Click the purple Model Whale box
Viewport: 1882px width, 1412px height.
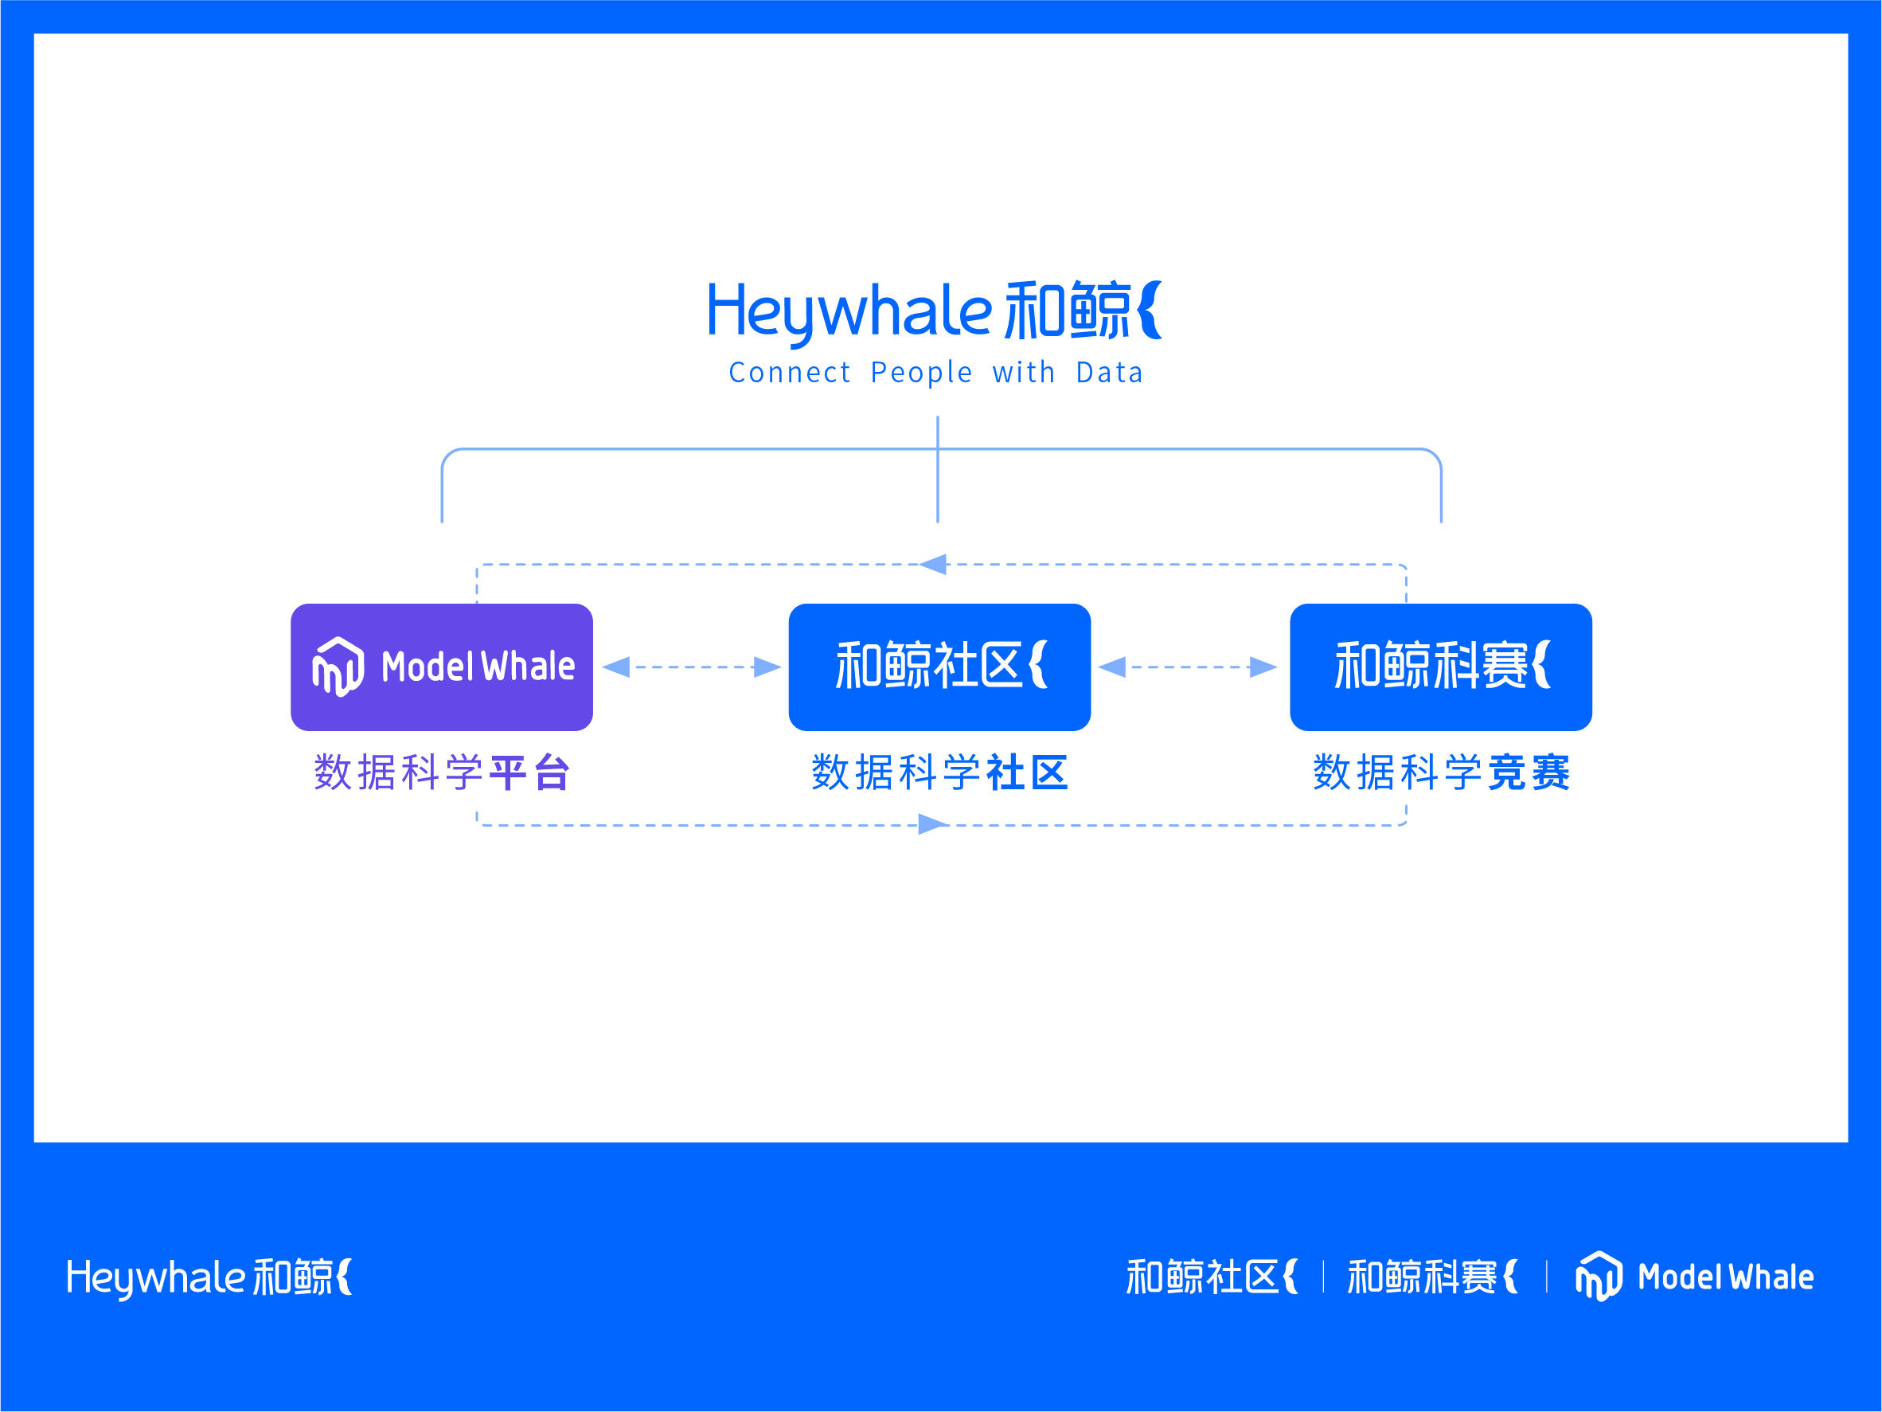442,667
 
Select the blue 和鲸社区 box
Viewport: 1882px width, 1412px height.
939,667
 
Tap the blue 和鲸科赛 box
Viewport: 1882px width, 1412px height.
1440,667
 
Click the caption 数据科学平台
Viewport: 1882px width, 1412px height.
442,772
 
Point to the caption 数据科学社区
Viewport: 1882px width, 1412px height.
939,772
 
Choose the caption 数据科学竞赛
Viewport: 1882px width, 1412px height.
1440,772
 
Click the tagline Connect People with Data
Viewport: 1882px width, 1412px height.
936,373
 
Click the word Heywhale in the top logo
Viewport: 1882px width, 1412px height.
849,313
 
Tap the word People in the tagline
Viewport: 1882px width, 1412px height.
920,373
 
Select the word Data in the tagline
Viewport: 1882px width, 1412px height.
1110,373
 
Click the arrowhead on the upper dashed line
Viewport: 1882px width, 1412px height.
933,565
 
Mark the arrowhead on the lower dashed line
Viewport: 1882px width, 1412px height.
933,824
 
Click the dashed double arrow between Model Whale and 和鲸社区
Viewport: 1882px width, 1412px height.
692,667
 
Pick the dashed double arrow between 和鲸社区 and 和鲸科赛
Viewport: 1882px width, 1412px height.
1188,667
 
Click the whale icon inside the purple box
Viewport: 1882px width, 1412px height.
338,667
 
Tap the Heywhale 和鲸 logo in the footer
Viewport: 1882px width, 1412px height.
209,1277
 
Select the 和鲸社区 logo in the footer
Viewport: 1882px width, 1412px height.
1212,1277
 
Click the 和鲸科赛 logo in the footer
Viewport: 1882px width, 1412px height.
1432,1277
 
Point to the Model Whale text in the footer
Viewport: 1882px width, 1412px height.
1725,1277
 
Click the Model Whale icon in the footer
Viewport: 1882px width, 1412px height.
1599,1276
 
